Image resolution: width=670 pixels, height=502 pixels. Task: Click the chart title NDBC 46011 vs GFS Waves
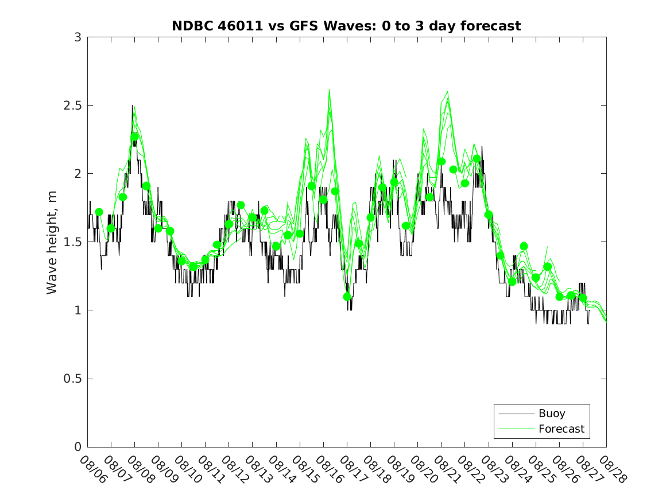point(346,26)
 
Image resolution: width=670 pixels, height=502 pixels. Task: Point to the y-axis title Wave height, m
point(52,242)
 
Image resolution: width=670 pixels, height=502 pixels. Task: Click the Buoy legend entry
point(551,413)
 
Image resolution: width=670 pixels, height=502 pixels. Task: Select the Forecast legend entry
point(561,429)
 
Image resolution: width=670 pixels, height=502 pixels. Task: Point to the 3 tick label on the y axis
point(78,37)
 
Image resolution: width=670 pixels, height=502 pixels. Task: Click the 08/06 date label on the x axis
point(92,470)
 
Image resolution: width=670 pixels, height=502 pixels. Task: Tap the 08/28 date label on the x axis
point(612,470)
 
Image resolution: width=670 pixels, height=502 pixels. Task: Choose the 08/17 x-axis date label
point(353,470)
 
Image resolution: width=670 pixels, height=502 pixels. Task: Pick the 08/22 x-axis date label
point(470,470)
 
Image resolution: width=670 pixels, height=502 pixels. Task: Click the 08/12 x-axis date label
point(234,470)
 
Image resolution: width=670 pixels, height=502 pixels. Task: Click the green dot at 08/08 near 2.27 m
point(135,137)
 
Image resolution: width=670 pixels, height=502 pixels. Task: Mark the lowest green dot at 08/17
point(347,297)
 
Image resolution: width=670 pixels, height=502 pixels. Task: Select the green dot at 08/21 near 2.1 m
point(441,161)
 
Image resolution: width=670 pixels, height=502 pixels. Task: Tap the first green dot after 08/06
point(99,212)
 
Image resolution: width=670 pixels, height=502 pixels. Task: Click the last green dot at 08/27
point(583,298)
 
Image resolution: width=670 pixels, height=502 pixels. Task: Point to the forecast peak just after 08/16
point(330,90)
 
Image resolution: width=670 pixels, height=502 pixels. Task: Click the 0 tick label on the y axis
point(78,447)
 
